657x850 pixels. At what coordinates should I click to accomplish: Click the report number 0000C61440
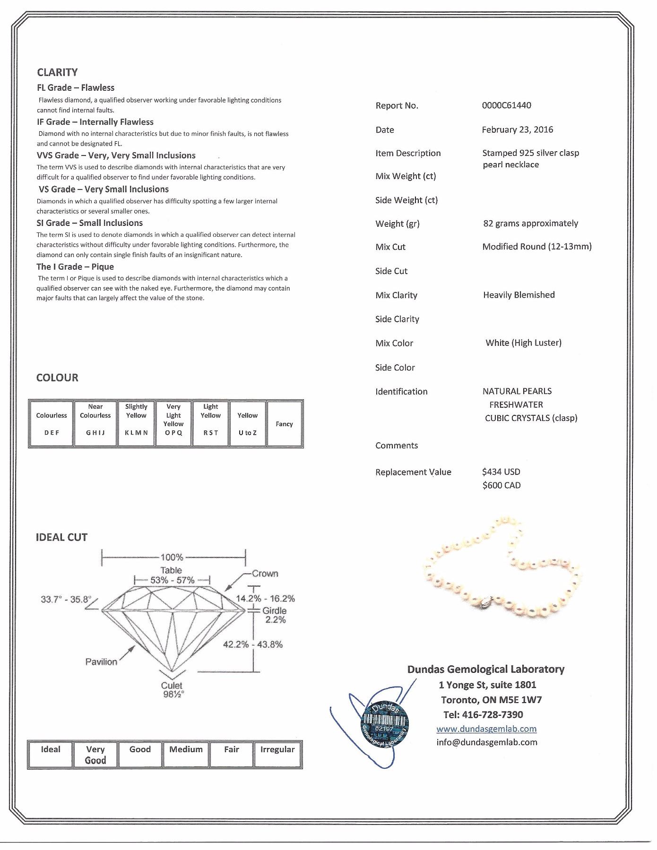(x=506, y=105)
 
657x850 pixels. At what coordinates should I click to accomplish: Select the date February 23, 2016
(x=517, y=129)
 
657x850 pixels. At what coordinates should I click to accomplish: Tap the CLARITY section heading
(x=57, y=72)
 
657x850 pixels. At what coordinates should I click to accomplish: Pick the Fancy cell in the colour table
(x=284, y=424)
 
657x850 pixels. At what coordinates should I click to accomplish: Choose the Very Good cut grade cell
(x=95, y=755)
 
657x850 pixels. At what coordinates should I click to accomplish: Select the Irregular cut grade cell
(x=277, y=750)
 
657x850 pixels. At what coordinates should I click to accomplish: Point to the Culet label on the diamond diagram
(x=172, y=686)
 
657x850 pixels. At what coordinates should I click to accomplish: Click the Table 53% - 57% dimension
(x=172, y=580)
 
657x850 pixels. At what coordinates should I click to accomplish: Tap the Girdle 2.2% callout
(x=275, y=615)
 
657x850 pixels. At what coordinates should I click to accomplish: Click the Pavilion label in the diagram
(x=101, y=662)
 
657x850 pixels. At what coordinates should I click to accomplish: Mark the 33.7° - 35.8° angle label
(x=66, y=599)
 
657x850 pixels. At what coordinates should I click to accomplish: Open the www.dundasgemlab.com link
(x=486, y=729)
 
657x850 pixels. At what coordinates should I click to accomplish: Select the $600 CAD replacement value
(x=501, y=485)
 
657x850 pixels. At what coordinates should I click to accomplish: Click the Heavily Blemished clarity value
(x=519, y=295)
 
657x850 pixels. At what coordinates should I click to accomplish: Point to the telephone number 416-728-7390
(x=483, y=714)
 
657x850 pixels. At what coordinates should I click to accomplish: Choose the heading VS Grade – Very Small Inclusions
(x=103, y=189)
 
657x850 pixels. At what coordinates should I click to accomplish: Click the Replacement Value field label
(x=413, y=472)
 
